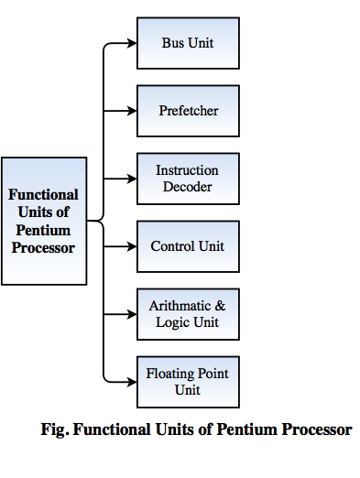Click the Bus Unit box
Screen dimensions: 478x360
(x=188, y=43)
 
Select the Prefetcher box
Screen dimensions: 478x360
(x=188, y=111)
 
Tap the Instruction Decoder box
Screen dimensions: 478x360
(x=188, y=179)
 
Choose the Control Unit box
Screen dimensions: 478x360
(x=188, y=246)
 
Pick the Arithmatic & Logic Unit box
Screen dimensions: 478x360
(x=188, y=314)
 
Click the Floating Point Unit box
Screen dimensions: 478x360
(x=188, y=382)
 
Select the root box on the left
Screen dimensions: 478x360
(x=44, y=221)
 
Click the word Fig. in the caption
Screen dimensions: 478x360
(x=57, y=429)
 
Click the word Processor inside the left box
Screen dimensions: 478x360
(x=44, y=247)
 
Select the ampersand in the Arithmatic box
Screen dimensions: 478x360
(x=218, y=306)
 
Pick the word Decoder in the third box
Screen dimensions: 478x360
(x=188, y=187)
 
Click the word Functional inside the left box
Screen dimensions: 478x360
(x=44, y=194)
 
